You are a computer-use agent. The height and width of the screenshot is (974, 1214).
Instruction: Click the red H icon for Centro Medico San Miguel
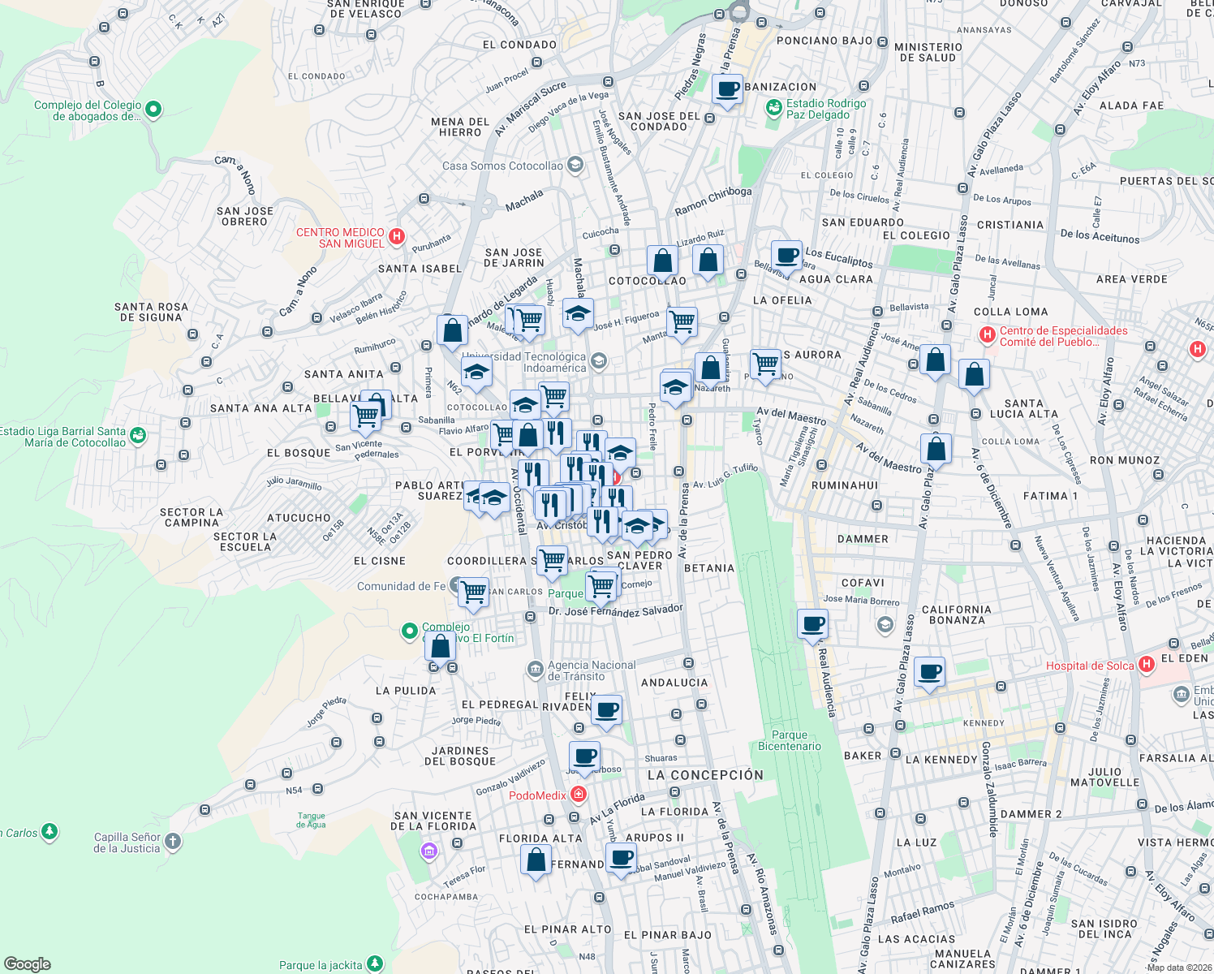[x=397, y=237]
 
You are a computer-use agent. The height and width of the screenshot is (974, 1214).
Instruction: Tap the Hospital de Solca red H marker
[x=1146, y=665]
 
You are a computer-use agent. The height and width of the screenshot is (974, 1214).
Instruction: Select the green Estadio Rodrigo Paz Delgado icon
[x=774, y=107]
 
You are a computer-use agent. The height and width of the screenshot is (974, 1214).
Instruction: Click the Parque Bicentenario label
[x=789, y=740]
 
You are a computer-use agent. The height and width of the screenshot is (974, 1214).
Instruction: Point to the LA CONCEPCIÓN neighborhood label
[x=705, y=775]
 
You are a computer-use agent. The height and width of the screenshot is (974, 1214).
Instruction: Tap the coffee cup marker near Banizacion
[x=728, y=88]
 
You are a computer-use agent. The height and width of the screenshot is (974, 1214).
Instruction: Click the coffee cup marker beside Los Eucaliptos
[x=786, y=256]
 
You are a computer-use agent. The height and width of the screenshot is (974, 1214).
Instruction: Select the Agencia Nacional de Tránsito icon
[x=535, y=670]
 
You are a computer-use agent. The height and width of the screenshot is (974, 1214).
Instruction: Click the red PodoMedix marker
[x=579, y=794]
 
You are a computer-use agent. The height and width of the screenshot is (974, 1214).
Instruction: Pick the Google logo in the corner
[x=27, y=963]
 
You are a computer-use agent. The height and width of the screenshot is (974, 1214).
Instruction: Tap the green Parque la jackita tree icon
[x=374, y=963]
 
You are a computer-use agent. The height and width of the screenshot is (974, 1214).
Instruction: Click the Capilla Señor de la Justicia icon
[x=173, y=842]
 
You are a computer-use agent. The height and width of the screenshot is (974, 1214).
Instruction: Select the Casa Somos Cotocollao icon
[x=575, y=166]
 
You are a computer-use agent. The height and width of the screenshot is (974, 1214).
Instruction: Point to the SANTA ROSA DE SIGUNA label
[x=151, y=312]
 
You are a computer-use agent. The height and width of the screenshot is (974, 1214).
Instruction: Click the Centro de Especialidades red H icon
[x=987, y=334]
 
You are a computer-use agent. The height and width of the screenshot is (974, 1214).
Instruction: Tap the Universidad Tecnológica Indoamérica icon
[x=599, y=361]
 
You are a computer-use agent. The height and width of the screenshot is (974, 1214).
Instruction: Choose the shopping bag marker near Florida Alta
[x=536, y=860]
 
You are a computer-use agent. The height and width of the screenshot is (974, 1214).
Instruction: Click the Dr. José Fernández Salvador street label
[x=615, y=611]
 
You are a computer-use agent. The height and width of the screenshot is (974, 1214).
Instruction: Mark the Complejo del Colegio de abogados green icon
[x=154, y=109]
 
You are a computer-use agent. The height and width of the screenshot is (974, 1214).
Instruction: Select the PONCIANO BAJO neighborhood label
[x=824, y=41]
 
